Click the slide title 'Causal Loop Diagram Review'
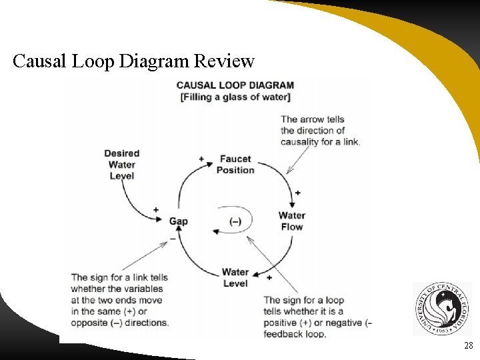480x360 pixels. [133, 62]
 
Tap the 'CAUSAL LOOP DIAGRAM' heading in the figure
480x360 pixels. [235, 85]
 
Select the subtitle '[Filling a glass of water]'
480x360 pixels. [235, 97]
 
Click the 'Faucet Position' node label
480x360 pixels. [235, 164]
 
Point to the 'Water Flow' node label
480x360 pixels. [292, 221]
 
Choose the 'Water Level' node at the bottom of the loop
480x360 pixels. [235, 277]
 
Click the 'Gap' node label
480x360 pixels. [178, 221]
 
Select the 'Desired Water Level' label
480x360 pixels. [121, 165]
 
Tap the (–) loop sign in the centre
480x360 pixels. [235, 221]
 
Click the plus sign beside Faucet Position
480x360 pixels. [201, 159]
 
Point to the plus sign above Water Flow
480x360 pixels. [297, 193]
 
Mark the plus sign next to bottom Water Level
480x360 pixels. [269, 277]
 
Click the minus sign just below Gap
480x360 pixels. [173, 237]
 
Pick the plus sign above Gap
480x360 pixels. [156, 209]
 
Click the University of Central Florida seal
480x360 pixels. [441, 309]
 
